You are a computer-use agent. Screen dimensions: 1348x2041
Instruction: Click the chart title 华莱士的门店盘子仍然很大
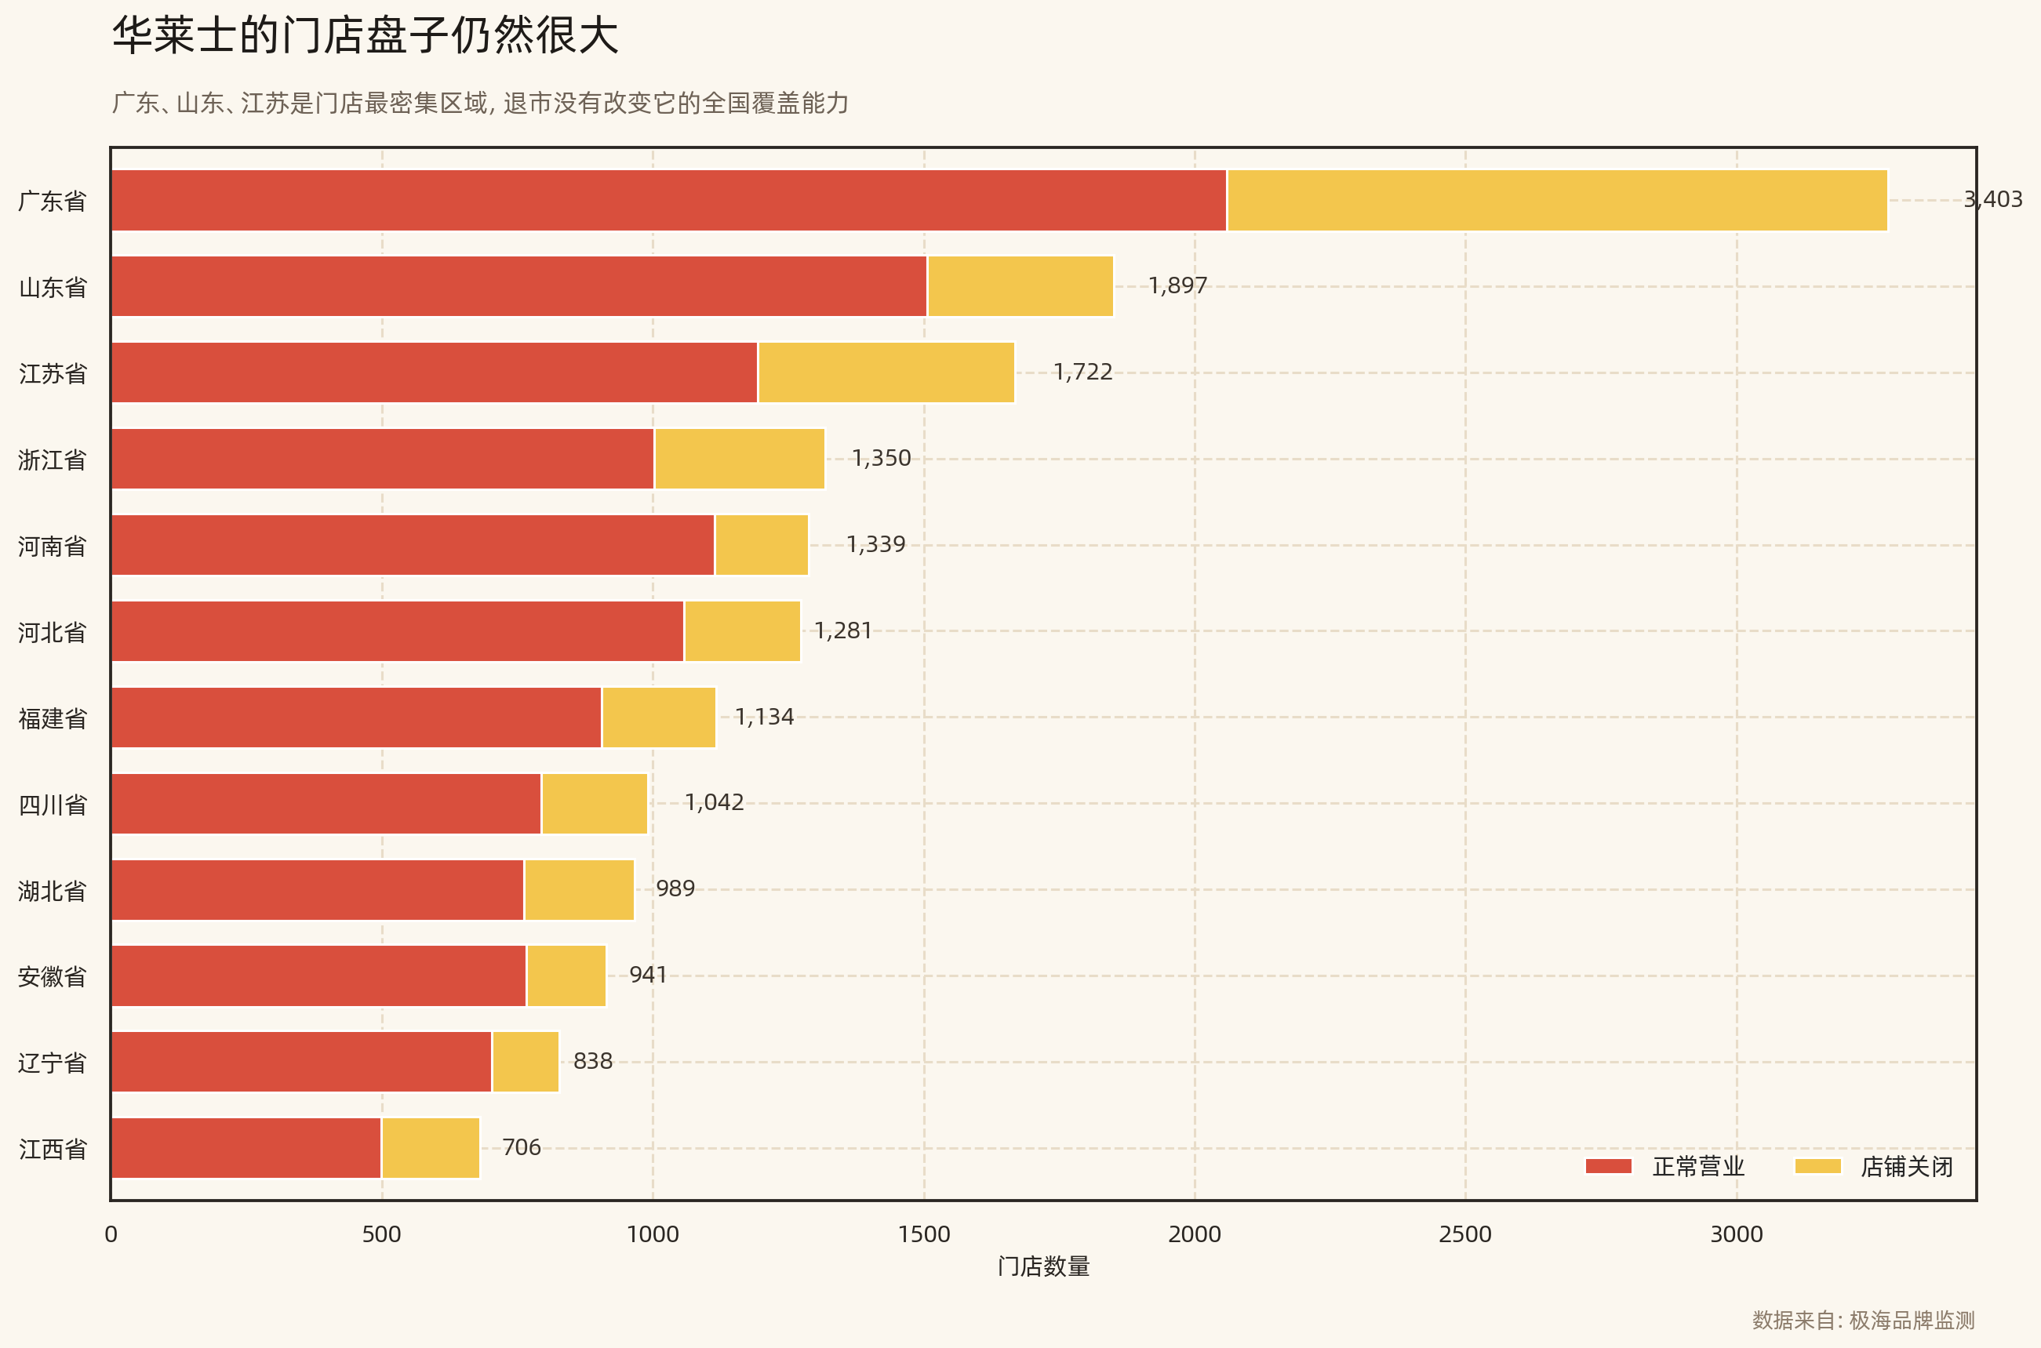pos(366,36)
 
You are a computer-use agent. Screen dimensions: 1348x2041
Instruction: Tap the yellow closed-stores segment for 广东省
pos(1557,200)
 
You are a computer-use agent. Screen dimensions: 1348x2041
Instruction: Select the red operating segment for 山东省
pos(518,286)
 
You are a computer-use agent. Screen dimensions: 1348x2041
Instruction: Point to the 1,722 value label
pos(1082,372)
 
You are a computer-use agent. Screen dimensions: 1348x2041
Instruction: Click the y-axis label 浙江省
pos(53,460)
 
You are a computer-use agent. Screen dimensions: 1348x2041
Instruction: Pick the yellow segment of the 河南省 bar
pos(762,545)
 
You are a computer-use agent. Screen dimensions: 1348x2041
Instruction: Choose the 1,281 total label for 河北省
pos(842,631)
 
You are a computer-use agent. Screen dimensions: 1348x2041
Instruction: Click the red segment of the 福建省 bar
pos(356,717)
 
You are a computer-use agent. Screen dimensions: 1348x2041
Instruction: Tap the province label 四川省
pos(53,805)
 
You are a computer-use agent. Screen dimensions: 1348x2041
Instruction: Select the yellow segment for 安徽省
pos(566,976)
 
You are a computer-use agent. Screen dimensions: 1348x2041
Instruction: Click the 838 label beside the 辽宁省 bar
pos(592,1062)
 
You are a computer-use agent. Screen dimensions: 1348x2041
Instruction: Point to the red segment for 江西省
pos(246,1148)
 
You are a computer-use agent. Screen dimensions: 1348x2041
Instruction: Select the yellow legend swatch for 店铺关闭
pos(1817,1167)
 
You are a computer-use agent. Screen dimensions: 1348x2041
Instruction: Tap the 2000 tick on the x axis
pos(1194,1234)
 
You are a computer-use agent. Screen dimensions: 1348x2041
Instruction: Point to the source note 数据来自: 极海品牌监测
pos(1863,1320)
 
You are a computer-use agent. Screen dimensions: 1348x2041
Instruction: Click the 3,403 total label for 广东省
pos(1992,199)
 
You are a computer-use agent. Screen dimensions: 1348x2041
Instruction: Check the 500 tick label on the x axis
pos(381,1234)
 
